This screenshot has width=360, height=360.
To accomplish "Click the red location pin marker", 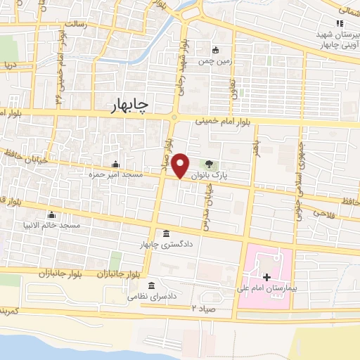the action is click(181, 165).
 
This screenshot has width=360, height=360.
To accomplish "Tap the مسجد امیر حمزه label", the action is click(115, 173).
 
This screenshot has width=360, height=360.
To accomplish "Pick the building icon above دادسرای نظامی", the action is click(153, 285).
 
